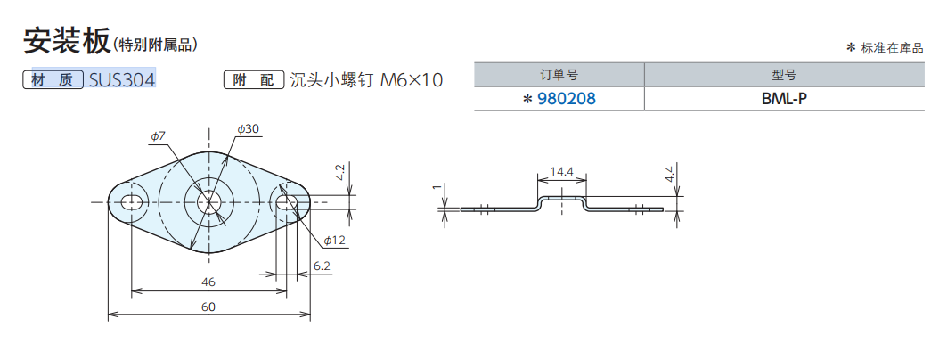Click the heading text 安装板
point(66,40)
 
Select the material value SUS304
point(123,80)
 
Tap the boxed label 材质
point(53,80)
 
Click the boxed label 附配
point(254,80)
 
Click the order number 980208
point(566,99)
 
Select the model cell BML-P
point(784,99)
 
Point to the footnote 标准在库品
point(891,48)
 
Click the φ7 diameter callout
point(158,135)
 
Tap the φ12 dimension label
point(334,241)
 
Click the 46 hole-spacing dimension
point(208,282)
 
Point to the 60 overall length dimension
point(208,307)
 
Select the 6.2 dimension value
point(322,266)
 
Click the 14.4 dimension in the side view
point(561,170)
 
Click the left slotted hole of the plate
point(132,202)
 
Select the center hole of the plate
point(209,202)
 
